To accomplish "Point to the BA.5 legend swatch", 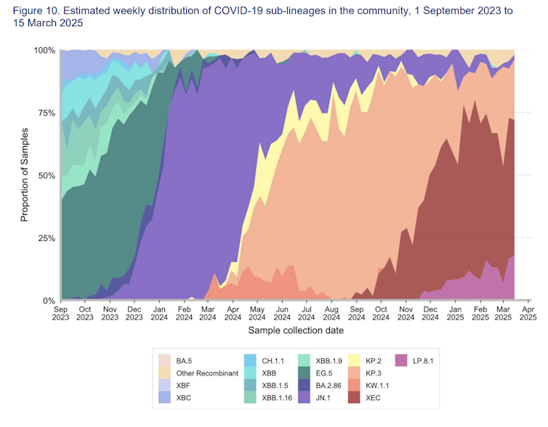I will (164, 360).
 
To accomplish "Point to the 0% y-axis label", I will (48, 301).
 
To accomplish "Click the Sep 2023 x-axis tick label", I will (60, 313).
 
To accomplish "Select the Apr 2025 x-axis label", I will (528, 313).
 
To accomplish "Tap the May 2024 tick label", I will (258, 313).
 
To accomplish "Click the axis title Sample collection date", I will (296, 330).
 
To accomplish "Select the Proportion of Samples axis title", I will (24, 174).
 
